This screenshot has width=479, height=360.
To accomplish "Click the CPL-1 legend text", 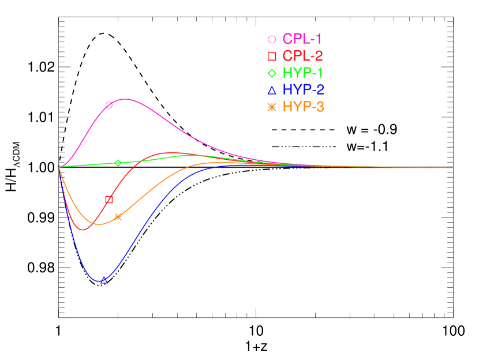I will coord(302,39).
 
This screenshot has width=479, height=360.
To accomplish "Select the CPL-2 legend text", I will coord(302,56).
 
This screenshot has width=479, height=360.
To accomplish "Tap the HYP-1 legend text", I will coord(302,73).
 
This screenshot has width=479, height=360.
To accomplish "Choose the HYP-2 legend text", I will coord(303,90).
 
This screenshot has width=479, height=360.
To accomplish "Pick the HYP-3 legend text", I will coord(303,107).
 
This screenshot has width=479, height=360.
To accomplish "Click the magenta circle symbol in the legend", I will coord(272,40).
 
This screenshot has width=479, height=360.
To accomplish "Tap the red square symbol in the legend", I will coord(272,57).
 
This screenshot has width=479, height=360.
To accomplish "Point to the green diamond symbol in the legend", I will coord(272,73).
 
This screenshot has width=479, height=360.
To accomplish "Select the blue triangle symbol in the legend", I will coord(272,90).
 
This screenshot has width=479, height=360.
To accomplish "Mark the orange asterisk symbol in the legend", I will coord(272,107).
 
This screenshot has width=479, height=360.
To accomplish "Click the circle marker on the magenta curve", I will coord(109,105).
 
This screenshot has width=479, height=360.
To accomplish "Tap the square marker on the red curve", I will coord(109,200).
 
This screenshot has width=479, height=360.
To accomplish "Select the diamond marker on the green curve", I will coord(118,163).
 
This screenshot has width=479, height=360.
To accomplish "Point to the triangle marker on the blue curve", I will coord(104,280).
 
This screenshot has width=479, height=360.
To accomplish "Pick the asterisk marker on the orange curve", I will coord(118,217).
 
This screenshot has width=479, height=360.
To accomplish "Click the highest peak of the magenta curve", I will coord(125,99).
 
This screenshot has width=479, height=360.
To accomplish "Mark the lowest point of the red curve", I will coord(82,230).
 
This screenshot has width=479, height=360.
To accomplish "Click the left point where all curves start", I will coord(59,167).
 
